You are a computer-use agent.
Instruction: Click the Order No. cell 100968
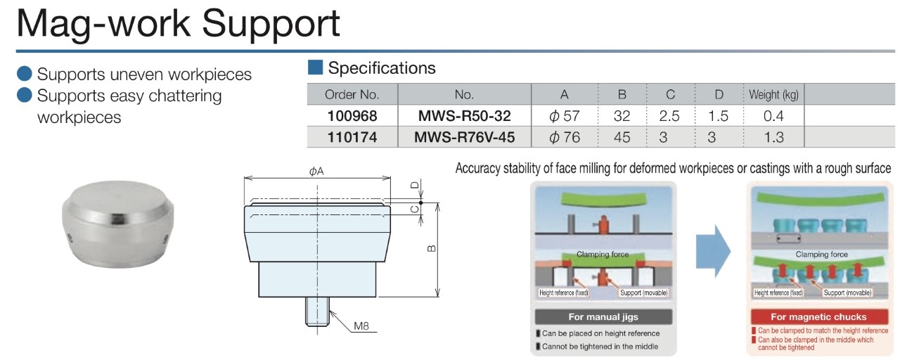pos(352,115)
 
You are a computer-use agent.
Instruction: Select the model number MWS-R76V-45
pos(464,137)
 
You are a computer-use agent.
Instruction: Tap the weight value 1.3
pos(773,137)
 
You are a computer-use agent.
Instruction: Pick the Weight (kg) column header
pos(773,94)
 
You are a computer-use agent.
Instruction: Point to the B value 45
pos(622,137)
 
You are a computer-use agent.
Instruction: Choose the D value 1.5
pos(717,115)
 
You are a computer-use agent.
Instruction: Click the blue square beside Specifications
pos(315,67)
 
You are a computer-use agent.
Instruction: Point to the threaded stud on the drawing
pos(317,312)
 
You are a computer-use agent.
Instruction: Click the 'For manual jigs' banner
pos(603,316)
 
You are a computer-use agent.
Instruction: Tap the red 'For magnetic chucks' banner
pos(818,316)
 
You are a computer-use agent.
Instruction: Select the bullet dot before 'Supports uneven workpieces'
pos(25,74)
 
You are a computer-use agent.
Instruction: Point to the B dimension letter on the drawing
pos(431,247)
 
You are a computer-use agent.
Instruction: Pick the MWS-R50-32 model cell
pos(464,115)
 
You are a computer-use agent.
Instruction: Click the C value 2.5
pos(669,115)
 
